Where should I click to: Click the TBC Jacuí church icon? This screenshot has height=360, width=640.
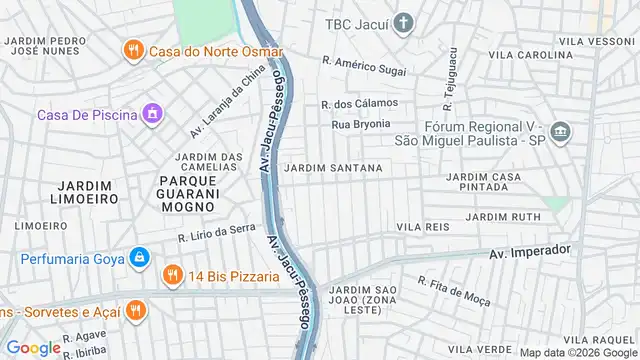tap(403, 23)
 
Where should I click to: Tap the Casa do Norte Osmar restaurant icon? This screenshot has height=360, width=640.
tap(133, 50)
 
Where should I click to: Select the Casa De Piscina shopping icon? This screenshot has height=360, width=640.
tap(152, 114)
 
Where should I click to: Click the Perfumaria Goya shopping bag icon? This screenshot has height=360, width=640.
tap(140, 259)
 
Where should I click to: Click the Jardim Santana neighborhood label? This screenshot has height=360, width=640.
tap(333, 168)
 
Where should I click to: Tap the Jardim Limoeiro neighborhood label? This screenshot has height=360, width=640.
tap(70, 192)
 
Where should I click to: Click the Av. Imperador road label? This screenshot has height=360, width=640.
tap(530, 251)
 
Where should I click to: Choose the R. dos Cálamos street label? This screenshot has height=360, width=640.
tap(359, 103)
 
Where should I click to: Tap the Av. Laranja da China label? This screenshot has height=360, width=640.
tap(228, 102)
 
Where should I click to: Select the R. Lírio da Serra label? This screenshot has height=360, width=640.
tap(218, 233)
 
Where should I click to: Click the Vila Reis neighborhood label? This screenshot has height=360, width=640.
tap(423, 228)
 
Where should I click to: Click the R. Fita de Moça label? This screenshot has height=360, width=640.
tap(454, 290)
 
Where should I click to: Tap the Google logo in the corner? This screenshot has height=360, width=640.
tap(34, 348)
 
